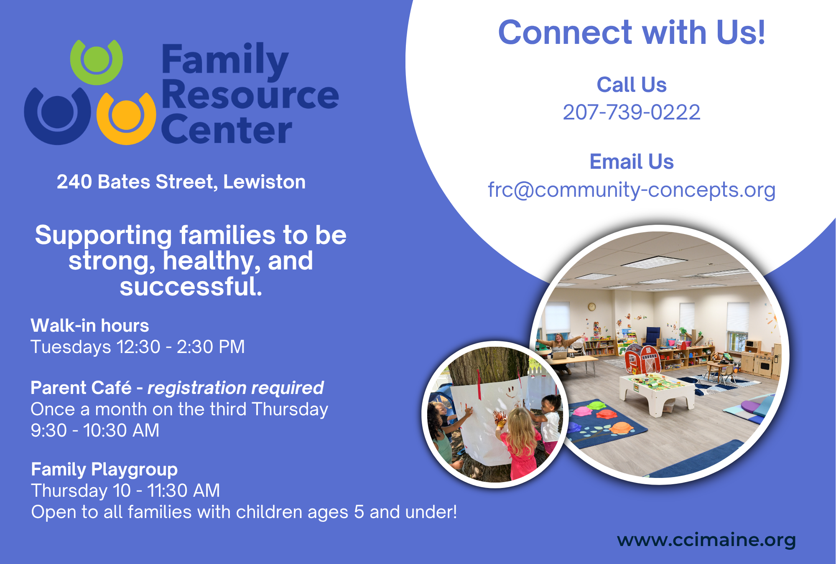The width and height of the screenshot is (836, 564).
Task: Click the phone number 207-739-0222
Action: click(x=631, y=112)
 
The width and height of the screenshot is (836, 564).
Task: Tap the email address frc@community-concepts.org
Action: click(x=632, y=190)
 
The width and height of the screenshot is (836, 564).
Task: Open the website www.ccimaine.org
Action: click(x=706, y=540)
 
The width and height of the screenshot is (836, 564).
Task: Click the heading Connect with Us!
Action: click(x=632, y=33)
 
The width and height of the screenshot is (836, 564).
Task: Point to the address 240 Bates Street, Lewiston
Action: click(x=181, y=182)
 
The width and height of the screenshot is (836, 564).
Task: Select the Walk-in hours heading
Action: click(x=90, y=325)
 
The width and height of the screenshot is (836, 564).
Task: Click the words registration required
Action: click(x=235, y=388)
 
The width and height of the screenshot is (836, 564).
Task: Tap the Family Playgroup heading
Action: click(x=104, y=470)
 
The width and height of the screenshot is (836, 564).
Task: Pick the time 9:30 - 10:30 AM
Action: click(x=95, y=430)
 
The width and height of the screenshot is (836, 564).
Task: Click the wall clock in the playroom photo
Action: click(x=591, y=307)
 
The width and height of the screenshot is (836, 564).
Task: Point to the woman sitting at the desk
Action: click(x=559, y=349)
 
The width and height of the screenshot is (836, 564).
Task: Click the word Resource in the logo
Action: click(x=250, y=94)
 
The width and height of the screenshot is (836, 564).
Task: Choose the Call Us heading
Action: click(x=631, y=85)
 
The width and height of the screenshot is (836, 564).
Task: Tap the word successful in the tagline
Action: click(x=191, y=287)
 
